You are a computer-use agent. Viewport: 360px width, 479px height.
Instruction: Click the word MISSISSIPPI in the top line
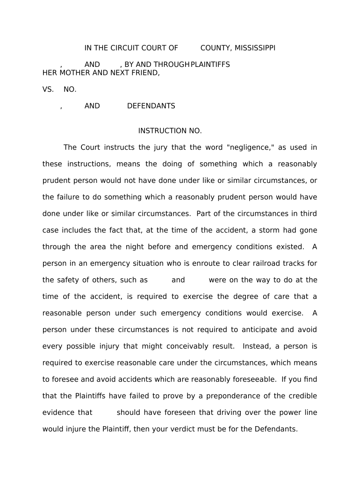pyautogui.click(x=255, y=48)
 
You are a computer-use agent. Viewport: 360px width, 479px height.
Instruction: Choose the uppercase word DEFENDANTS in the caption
pyautogui.click(x=151, y=106)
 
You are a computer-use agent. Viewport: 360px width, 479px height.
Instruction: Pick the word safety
pyautogui.click(x=72, y=280)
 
